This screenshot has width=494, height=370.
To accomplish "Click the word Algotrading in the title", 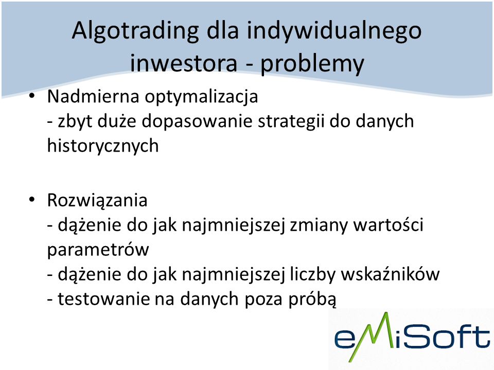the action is click(x=135, y=31).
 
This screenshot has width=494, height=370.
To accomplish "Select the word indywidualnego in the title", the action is click(x=334, y=31).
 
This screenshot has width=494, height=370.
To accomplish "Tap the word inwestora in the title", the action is click(x=183, y=63).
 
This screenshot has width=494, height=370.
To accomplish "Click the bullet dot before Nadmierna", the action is click(x=31, y=96).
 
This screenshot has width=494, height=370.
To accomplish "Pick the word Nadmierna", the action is click(x=93, y=96).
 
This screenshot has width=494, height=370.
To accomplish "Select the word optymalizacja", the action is click(x=201, y=98).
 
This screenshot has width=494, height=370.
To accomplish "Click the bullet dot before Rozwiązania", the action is click(x=31, y=199).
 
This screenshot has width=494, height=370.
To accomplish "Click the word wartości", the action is click(x=389, y=225).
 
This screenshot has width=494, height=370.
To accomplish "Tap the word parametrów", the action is click(x=98, y=250).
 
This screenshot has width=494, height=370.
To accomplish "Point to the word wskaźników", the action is click(x=391, y=274).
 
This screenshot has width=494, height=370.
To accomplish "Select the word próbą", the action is click(x=312, y=299).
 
